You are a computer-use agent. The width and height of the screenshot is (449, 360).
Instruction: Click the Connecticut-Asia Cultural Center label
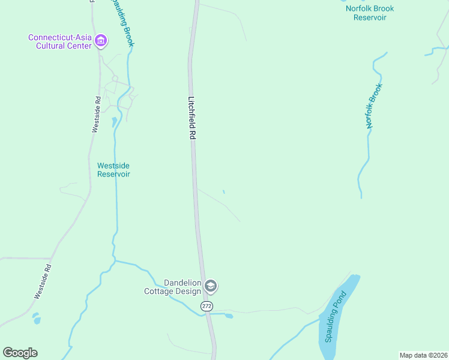tap(60, 41)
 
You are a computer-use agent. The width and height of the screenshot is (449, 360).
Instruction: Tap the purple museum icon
tap(101, 41)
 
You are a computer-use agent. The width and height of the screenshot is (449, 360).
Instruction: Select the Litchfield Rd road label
tap(192, 118)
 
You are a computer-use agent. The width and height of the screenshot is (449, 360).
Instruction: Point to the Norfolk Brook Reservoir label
tap(369, 13)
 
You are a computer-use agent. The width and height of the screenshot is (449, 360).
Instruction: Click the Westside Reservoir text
tap(113, 170)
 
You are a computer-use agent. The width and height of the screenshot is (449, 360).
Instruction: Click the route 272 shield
tap(207, 306)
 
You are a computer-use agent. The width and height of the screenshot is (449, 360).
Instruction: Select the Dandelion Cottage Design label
tap(172, 287)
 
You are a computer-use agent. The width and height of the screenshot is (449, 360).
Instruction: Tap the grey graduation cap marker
tap(211, 286)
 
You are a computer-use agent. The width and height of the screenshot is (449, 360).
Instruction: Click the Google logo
tap(20, 352)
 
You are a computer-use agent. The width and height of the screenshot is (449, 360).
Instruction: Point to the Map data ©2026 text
tap(423, 355)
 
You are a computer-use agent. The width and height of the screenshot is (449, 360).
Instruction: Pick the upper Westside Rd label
tap(97, 114)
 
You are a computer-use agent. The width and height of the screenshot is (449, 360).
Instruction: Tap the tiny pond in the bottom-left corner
tap(37, 319)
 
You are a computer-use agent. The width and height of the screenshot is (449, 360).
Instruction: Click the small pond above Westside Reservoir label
tap(114, 122)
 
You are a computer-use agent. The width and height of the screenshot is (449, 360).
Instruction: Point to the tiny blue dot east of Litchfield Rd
tap(224, 192)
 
